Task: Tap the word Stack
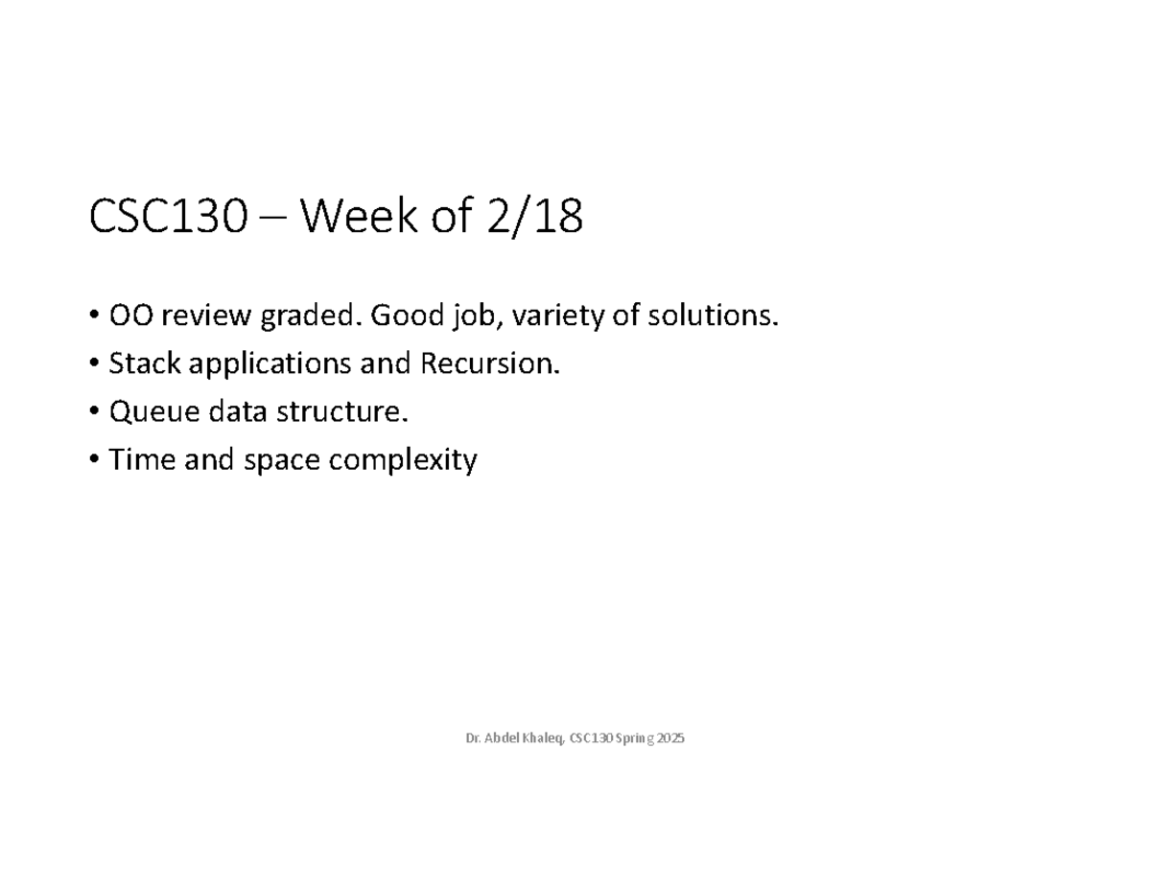(x=138, y=363)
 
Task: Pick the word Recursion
(x=485, y=363)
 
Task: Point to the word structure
(x=341, y=413)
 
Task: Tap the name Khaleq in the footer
(x=544, y=738)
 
